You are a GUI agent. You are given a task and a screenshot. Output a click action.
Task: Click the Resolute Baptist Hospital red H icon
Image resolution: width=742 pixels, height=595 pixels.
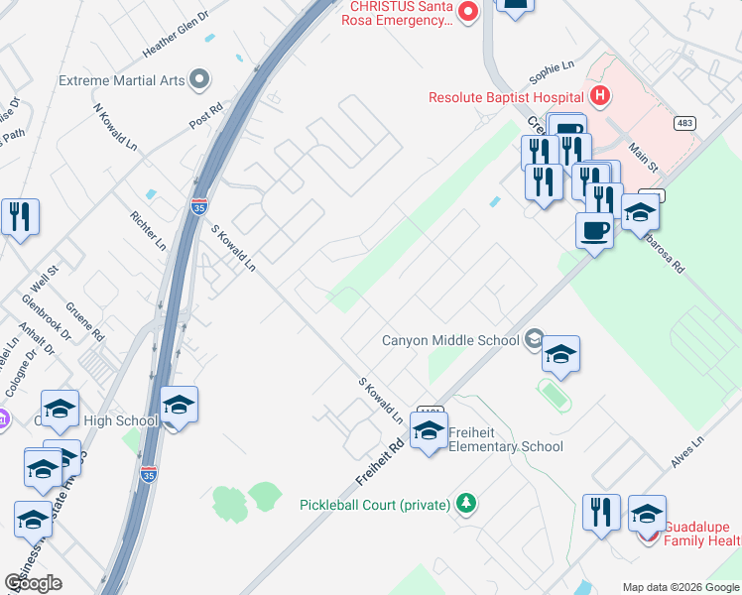599,96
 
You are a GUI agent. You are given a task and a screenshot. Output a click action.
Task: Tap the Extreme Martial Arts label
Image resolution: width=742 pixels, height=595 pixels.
122,79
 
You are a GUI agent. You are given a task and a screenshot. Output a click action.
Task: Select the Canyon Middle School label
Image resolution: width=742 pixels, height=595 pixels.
451,340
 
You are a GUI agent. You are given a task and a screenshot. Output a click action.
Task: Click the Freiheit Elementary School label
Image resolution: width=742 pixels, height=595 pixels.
506,439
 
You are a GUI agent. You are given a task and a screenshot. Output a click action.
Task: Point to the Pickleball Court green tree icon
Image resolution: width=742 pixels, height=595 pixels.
466,504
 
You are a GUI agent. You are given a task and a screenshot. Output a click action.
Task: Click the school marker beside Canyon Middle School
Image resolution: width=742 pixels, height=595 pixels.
560,355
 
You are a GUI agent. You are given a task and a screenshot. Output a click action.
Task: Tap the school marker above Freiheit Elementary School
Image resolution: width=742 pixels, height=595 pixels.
429,431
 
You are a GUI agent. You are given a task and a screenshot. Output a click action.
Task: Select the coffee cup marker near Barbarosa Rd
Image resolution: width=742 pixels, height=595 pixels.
594,231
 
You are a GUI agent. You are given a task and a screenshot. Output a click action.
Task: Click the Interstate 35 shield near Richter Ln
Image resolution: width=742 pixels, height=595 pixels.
199,208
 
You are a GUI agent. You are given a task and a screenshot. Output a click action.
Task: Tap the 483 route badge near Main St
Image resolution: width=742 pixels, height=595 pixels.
683,122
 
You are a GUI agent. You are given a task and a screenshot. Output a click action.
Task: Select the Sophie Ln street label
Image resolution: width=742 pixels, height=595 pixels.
552,72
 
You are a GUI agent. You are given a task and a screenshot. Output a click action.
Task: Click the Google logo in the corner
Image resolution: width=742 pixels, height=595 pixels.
33,583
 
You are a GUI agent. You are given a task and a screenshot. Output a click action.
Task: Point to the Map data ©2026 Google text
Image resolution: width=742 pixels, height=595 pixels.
680,587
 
